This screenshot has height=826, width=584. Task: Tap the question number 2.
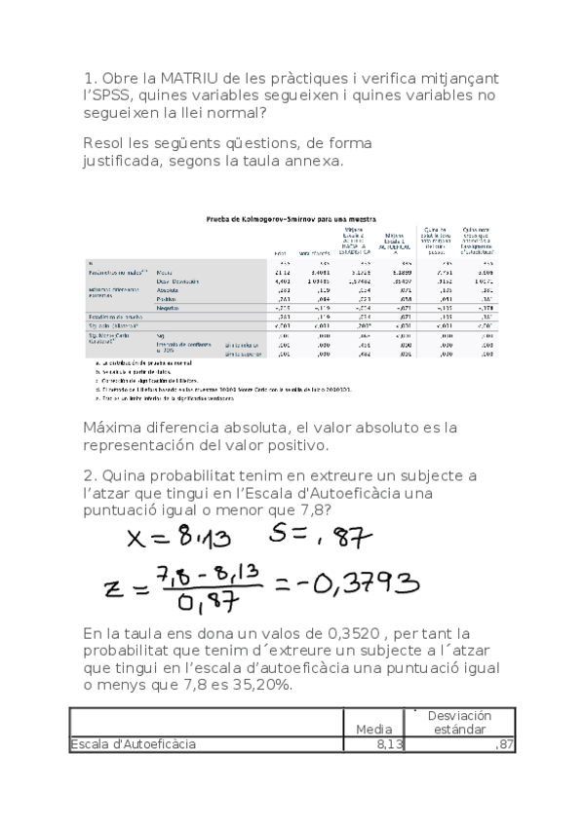(88, 475)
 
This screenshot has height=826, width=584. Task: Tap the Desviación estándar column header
(458, 722)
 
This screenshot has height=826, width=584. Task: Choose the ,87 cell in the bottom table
(503, 745)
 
